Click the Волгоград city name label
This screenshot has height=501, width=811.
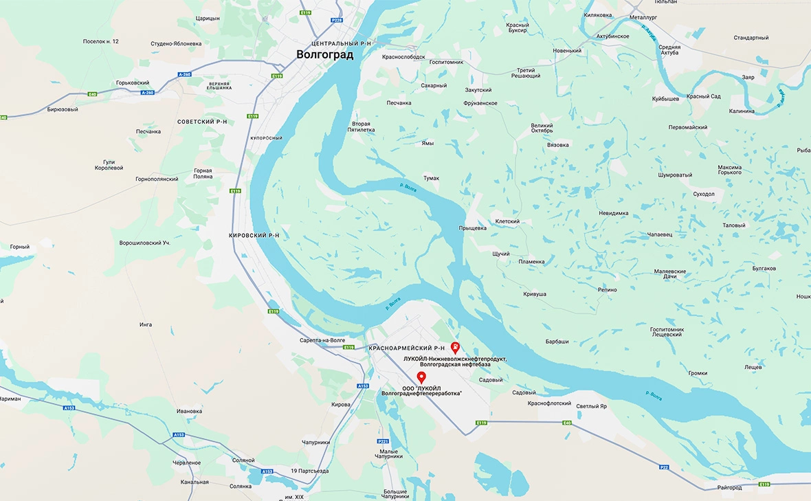point(324,55)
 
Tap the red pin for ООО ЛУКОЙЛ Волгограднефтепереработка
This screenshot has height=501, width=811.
point(421,377)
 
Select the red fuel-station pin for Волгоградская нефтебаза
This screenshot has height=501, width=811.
point(455,347)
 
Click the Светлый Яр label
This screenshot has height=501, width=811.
point(591,406)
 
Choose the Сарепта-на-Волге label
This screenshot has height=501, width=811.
point(322,339)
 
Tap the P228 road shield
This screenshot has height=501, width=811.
point(337,21)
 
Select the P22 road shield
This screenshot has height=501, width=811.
point(664,467)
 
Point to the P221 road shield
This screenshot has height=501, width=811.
point(384,441)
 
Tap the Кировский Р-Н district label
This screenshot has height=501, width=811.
point(254,235)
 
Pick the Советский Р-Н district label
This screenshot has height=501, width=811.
point(202,122)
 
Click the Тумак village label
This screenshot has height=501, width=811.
point(431,178)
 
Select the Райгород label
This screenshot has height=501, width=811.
point(729,488)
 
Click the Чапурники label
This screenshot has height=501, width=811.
point(313,443)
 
